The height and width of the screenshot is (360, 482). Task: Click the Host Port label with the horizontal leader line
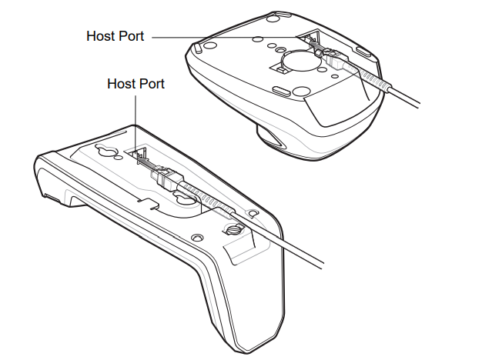tap(115, 36)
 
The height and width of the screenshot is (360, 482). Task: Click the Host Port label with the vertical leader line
tap(136, 83)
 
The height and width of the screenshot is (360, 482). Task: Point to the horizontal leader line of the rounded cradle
tap(223, 36)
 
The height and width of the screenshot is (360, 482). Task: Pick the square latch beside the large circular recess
tap(282, 71)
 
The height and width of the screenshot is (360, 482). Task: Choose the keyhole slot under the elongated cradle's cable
tap(185, 198)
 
